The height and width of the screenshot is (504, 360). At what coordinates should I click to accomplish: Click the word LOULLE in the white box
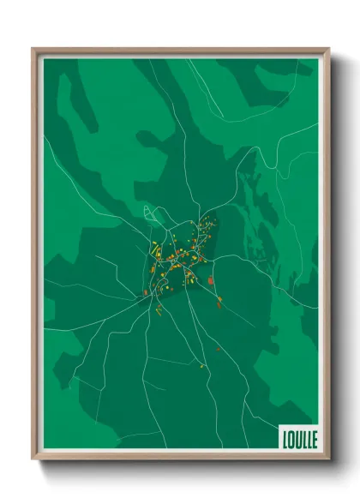(298, 437)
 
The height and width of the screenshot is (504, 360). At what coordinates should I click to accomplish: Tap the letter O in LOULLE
(291, 437)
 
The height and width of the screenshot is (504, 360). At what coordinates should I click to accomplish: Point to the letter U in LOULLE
(297, 437)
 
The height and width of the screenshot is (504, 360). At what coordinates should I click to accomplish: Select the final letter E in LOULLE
(314, 437)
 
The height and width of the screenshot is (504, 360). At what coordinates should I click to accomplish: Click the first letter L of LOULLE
(285, 437)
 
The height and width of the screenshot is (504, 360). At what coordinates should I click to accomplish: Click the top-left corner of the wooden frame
(33, 49)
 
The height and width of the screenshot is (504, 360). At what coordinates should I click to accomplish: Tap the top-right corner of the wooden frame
(328, 49)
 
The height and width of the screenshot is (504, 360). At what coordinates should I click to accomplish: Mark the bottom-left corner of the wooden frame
(33, 459)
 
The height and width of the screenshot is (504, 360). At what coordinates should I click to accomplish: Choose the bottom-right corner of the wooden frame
(328, 459)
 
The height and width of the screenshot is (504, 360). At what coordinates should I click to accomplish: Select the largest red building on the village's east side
(210, 279)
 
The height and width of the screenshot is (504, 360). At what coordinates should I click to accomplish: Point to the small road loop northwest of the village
(149, 211)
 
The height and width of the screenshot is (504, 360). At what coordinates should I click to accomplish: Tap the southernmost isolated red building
(218, 349)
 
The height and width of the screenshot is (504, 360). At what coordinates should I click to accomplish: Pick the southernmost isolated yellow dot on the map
(202, 367)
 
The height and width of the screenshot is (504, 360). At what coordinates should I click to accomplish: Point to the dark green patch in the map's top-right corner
(291, 86)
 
